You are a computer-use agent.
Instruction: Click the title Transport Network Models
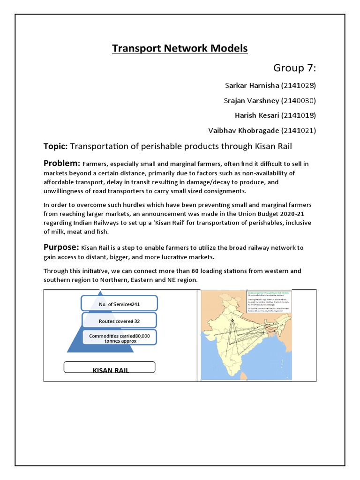(x=180, y=48)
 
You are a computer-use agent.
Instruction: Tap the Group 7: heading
(x=294, y=68)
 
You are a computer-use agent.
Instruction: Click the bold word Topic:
(x=56, y=147)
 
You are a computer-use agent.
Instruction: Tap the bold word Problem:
(x=62, y=163)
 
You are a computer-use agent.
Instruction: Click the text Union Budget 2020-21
(x=270, y=213)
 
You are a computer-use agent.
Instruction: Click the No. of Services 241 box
(x=119, y=304)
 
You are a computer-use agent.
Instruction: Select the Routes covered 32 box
(x=119, y=322)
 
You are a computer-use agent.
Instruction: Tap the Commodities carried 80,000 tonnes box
(x=119, y=338)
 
